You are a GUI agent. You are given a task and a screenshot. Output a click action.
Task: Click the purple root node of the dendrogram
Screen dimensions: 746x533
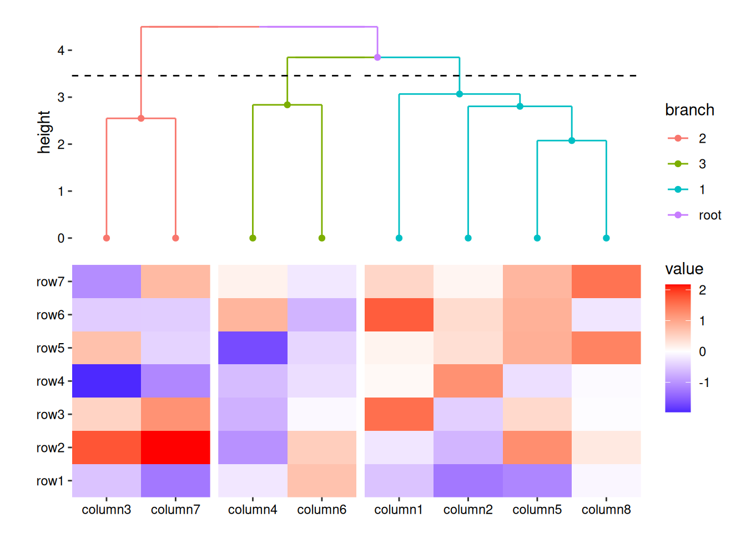[x=377, y=57]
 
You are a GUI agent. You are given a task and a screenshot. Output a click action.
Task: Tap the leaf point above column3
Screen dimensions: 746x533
[x=107, y=238]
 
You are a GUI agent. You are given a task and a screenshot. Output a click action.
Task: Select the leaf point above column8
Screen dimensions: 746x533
[x=606, y=238]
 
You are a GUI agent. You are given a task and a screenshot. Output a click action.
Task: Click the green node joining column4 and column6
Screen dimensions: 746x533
[x=288, y=105]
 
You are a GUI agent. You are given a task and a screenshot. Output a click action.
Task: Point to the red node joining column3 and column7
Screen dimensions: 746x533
[x=141, y=118]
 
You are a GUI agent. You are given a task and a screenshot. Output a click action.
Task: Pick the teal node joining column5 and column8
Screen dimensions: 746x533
[x=572, y=140]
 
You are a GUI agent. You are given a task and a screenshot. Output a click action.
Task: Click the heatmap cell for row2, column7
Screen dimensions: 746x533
[x=175, y=447]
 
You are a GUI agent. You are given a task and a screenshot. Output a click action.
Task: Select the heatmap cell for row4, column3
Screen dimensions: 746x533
[x=107, y=381]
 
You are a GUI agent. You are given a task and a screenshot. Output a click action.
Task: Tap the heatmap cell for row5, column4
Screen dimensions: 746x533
[x=253, y=348]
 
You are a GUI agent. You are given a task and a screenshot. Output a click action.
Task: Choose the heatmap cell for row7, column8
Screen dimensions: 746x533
[x=606, y=281]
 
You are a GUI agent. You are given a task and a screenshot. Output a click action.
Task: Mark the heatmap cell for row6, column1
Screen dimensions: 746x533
[x=399, y=315]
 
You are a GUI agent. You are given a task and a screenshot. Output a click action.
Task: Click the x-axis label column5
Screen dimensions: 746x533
[x=537, y=510]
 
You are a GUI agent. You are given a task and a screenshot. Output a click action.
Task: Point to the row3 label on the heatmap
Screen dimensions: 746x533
[x=51, y=414]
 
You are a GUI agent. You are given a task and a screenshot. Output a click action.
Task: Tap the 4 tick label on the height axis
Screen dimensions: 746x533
[x=61, y=51]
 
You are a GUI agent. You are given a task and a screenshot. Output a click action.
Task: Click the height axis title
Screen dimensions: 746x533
[x=44, y=132]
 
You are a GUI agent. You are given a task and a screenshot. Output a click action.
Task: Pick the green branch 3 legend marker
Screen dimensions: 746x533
[x=678, y=164]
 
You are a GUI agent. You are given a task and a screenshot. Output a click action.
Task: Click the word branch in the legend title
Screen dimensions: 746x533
[x=690, y=110]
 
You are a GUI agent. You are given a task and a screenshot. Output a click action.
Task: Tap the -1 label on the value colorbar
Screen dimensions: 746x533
[x=704, y=383]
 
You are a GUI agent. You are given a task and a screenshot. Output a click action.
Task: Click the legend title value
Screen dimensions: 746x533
[x=684, y=269]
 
